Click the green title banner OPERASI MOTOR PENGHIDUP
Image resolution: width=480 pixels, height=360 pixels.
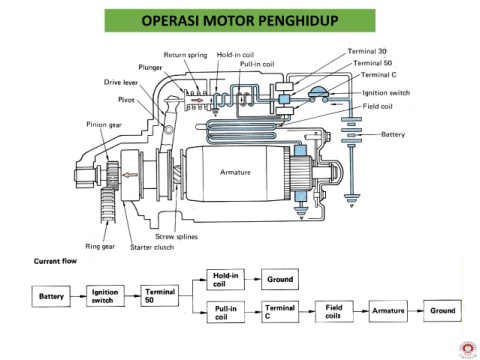240,20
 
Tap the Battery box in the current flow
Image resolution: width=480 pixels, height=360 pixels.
51,296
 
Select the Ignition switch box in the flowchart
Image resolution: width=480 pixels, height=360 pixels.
105,296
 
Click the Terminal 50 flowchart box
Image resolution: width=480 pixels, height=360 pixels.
160,296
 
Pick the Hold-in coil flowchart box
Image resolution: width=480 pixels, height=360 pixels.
226,280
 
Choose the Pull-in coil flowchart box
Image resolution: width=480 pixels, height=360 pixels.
226,312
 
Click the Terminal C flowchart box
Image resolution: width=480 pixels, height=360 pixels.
280,312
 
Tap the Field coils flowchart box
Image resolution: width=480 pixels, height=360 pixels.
334,311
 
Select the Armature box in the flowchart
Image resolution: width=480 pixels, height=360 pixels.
388,311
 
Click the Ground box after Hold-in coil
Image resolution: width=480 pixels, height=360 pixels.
280,279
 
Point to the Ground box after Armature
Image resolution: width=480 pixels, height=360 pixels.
442,311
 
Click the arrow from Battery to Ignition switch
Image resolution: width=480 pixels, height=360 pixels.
78,296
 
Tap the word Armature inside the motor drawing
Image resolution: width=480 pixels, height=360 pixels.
235,172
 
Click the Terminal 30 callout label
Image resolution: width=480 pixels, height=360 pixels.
367,51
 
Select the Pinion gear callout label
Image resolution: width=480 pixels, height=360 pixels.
104,125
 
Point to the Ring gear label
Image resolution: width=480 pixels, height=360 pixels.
100,247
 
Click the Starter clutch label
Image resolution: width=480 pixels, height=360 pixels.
152,247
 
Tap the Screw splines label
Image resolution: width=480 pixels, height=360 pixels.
176,237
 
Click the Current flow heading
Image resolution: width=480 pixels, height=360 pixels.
55,261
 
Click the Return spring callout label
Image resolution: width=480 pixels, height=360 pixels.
185,55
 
